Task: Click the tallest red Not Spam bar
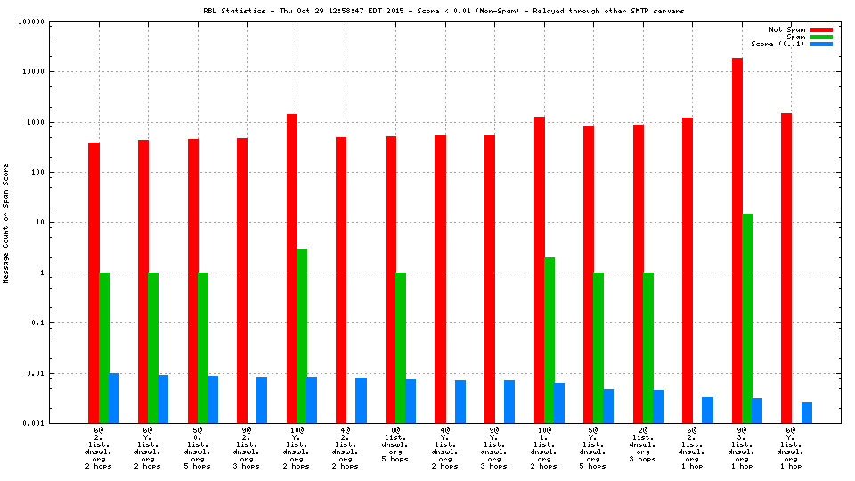point(737,240)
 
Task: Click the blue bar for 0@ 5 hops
point(411,401)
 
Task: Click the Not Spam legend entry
point(787,29)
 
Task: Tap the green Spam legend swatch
point(820,37)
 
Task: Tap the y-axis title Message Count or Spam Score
point(6,223)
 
